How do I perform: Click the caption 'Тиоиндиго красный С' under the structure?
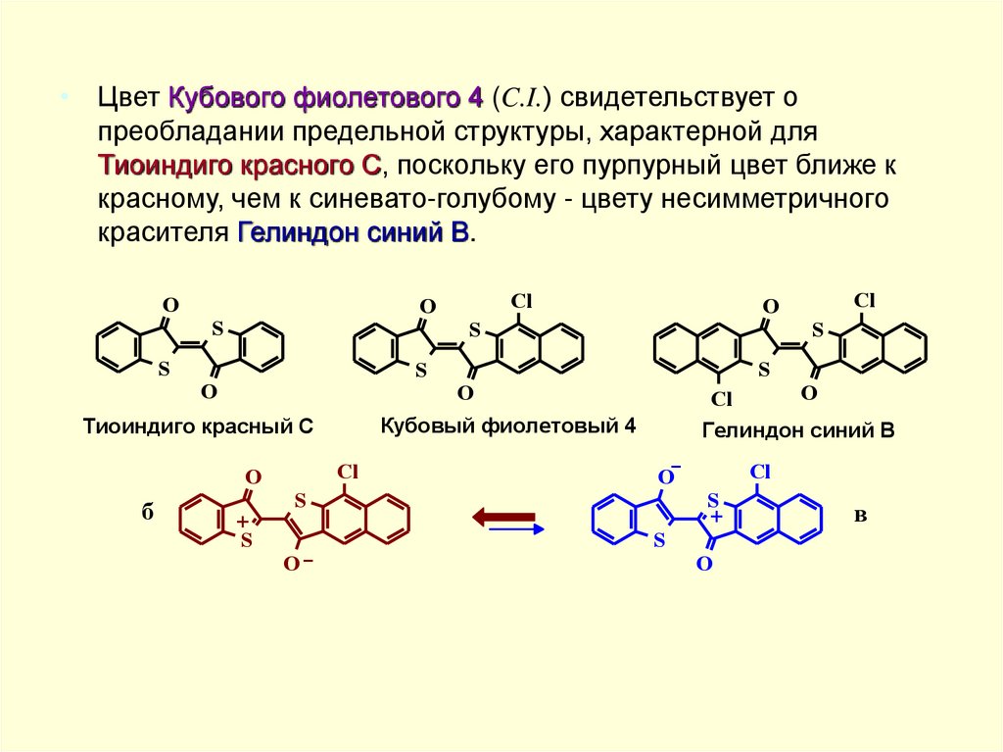[x=197, y=426]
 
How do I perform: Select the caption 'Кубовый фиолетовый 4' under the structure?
[x=508, y=425]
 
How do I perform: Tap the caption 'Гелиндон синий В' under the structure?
[x=798, y=429]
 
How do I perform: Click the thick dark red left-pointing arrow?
[x=503, y=516]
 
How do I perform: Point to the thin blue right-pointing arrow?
[x=515, y=529]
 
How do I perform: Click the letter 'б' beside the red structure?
[x=147, y=514]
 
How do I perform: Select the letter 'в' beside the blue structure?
[x=860, y=514]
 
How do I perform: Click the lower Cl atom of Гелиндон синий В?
[x=722, y=398]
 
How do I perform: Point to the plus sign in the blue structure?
[x=716, y=516]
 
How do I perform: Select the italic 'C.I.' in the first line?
[x=524, y=98]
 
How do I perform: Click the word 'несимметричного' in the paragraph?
[x=778, y=200]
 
